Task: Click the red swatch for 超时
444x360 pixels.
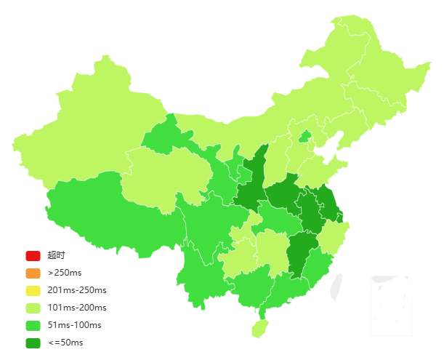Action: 33,255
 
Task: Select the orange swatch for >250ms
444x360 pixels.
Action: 33,273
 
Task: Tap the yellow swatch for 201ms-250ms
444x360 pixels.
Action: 33,290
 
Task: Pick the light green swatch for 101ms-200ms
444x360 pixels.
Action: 33,308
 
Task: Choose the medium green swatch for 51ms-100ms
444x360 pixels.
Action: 33,325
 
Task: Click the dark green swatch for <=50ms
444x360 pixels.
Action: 33,343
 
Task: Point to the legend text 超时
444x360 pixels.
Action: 57,255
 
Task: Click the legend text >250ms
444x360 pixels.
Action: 65,273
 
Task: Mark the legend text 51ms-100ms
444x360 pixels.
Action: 74,325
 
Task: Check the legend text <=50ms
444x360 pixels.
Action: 65,343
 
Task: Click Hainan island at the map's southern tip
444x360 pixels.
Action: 259,328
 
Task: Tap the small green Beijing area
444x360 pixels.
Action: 305,136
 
